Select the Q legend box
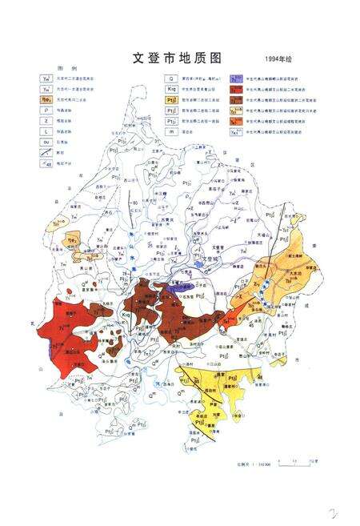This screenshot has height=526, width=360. (x=170, y=78)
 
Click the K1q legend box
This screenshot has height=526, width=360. (x=170, y=90)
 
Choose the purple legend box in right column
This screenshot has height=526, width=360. (x=237, y=78)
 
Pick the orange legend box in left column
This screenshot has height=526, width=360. (x=46, y=100)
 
